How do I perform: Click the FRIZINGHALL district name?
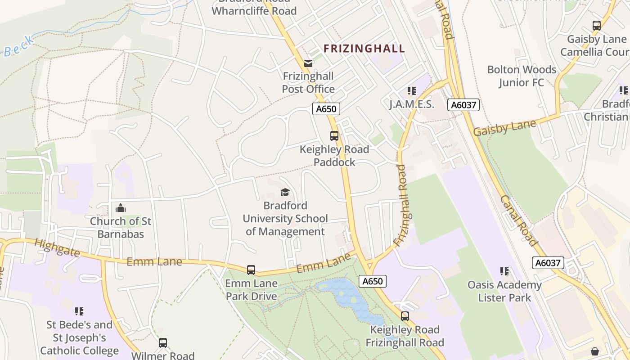click(364, 49)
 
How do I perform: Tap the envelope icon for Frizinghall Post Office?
click(308, 63)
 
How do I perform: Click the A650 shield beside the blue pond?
click(373, 281)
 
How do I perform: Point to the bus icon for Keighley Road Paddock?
click(334, 136)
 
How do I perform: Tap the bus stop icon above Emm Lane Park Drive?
click(251, 270)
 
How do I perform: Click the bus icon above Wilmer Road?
click(163, 343)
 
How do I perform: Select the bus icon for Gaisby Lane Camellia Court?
click(597, 26)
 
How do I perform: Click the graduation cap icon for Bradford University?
click(285, 193)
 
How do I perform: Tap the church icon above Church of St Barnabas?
click(121, 208)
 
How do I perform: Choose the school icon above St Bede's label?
click(79, 311)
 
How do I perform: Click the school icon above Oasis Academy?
click(504, 271)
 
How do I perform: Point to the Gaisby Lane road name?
click(504, 128)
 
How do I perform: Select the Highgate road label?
click(57, 247)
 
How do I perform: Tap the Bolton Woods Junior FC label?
click(522, 76)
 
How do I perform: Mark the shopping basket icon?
click(595, 351)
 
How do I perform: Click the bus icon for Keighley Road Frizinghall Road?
click(405, 316)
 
